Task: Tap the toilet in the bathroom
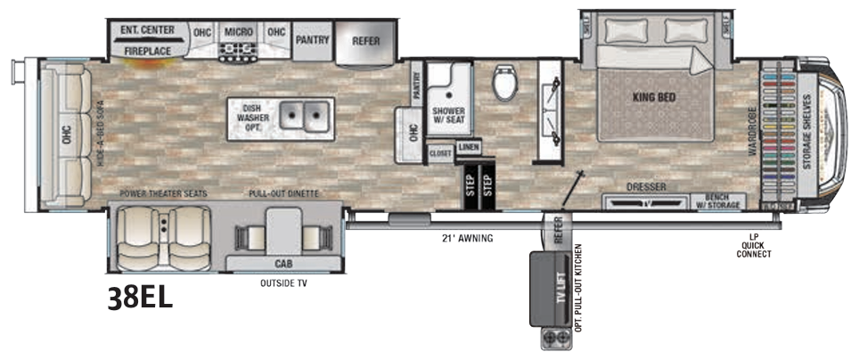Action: (x=504, y=84)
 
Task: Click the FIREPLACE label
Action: (x=147, y=52)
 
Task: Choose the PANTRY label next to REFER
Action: (x=313, y=40)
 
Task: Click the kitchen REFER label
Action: (x=366, y=40)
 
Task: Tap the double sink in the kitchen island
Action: (x=304, y=114)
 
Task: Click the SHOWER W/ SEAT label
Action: (x=449, y=116)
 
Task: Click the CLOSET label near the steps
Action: (x=440, y=153)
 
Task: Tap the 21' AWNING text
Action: (x=467, y=238)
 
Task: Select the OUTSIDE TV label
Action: (x=282, y=284)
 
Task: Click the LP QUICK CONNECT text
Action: (x=753, y=245)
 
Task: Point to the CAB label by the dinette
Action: (x=284, y=264)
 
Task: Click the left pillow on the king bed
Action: (x=621, y=30)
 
